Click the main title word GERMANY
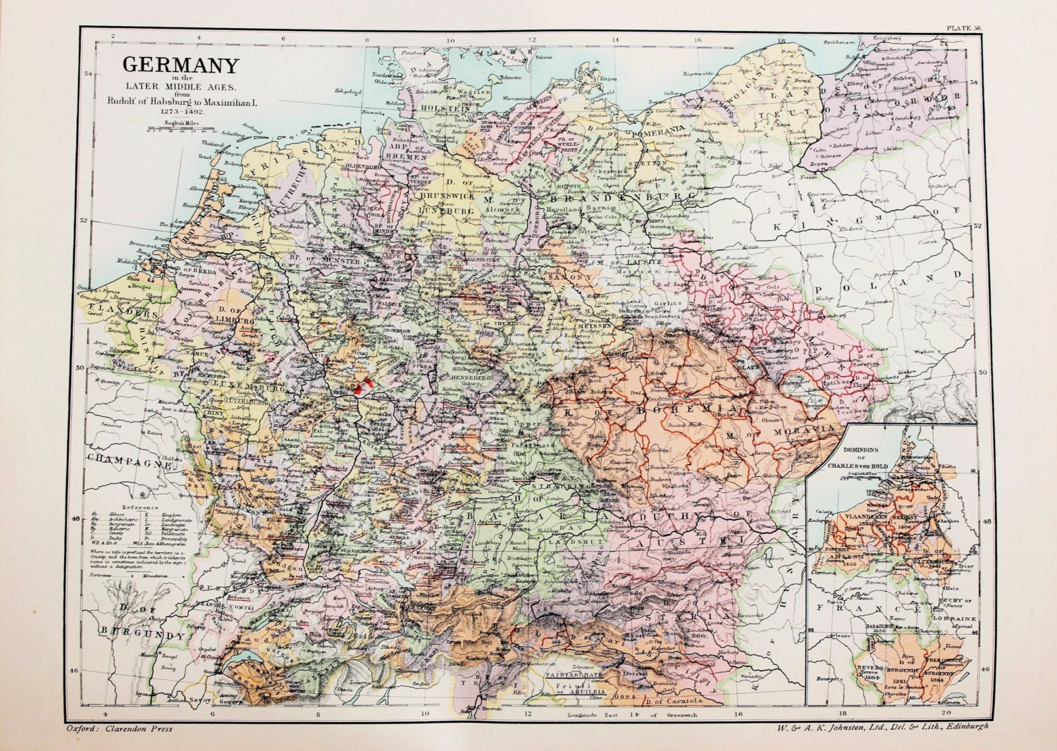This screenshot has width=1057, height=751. (181, 66)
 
